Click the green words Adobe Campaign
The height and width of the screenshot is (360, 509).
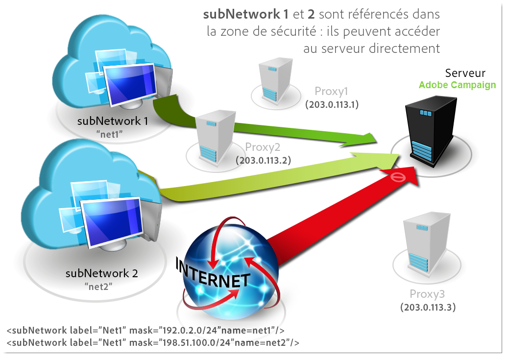pos(457,85)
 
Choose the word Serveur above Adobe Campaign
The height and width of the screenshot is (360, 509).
pos(465,73)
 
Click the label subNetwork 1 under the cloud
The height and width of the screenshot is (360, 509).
pos(113,120)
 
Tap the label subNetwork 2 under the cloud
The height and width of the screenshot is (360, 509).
pos(101,273)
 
